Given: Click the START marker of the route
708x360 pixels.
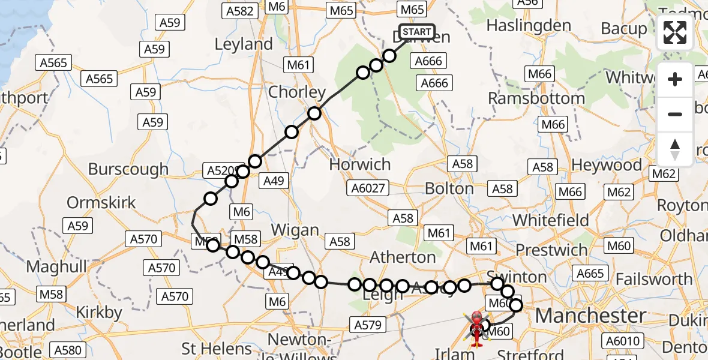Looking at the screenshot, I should click(x=416, y=32).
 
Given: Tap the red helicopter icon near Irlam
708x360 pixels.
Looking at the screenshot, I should click(x=476, y=329).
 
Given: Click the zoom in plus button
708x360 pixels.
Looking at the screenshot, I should click(x=675, y=79).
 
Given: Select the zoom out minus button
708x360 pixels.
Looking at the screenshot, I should click(x=675, y=114).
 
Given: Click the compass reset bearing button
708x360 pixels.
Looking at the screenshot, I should click(x=675, y=149).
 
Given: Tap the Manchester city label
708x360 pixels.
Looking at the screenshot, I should click(x=590, y=316).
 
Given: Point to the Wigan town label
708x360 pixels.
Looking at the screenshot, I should click(x=295, y=230).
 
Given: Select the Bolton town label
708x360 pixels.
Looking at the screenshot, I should click(x=449, y=188).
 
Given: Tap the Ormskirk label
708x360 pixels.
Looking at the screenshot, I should click(x=101, y=203).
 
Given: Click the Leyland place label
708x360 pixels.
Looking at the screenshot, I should click(x=243, y=44).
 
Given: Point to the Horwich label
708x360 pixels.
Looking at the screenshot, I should click(x=360, y=164).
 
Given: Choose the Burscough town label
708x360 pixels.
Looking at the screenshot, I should click(x=128, y=169).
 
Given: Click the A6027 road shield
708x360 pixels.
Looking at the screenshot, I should click(x=368, y=188).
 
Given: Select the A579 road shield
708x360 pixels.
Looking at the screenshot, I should click(x=367, y=325).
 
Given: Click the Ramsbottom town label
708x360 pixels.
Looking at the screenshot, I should click(x=536, y=98).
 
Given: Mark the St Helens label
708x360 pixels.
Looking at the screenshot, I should click(x=217, y=349).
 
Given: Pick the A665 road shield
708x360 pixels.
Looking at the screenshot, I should click(x=590, y=274).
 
